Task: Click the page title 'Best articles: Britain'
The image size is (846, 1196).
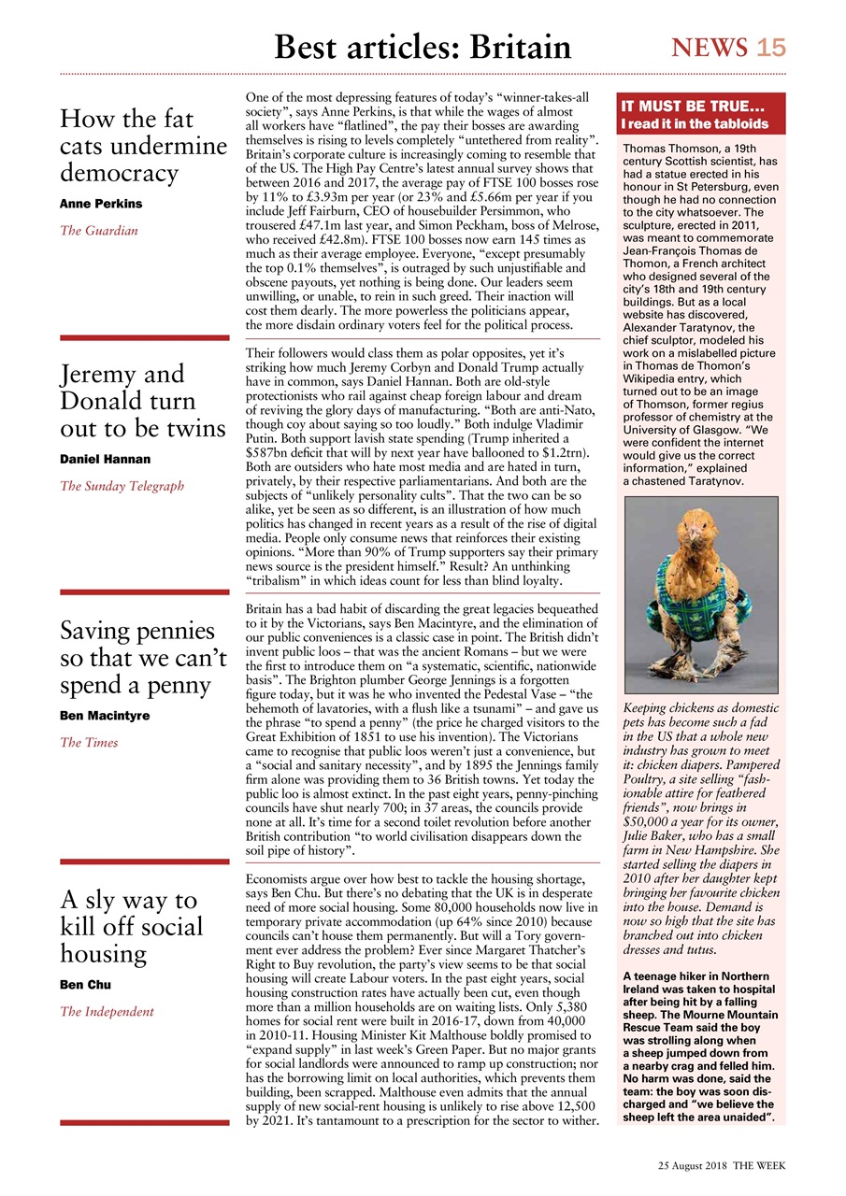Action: click(x=423, y=47)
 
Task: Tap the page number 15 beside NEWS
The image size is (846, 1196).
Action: click(x=771, y=48)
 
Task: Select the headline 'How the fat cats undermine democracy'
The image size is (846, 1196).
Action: click(x=143, y=146)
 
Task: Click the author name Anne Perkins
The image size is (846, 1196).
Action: click(x=101, y=203)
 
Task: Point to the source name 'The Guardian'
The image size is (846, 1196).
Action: click(x=99, y=230)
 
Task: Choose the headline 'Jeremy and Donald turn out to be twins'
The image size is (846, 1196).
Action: click(x=143, y=401)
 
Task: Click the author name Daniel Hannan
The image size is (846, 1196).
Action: click(x=106, y=459)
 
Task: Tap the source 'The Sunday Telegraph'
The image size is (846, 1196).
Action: click(x=122, y=486)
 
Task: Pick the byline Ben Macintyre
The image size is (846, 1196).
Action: click(x=105, y=716)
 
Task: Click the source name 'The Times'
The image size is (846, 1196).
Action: click(x=90, y=743)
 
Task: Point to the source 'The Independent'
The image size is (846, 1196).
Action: click(x=107, y=1011)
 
